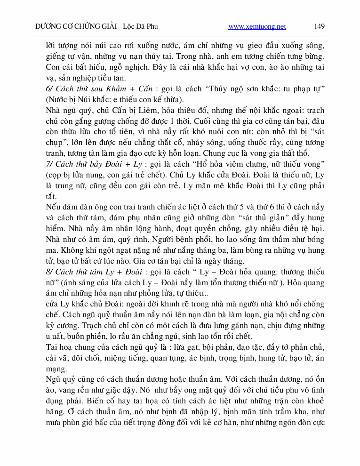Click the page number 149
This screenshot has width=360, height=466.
320,26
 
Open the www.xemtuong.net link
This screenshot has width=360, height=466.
257,27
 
